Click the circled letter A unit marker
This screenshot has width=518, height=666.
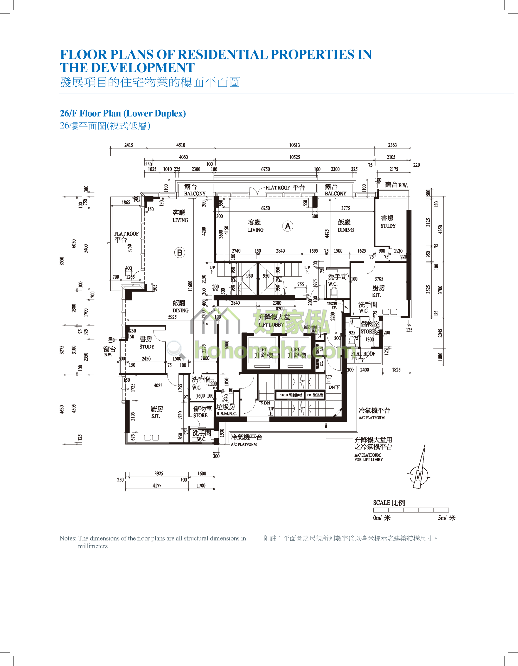[x=287, y=226]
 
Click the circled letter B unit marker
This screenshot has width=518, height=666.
[x=180, y=253]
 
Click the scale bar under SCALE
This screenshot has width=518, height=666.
[x=411, y=510]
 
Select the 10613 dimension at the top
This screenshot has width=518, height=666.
[x=294, y=145]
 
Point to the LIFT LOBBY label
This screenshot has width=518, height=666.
[x=271, y=324]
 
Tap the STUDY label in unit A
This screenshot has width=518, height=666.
[x=388, y=226]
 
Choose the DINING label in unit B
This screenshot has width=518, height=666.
[x=180, y=310]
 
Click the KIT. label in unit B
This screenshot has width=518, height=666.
[x=156, y=416]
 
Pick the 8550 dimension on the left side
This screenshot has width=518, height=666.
[x=62, y=261]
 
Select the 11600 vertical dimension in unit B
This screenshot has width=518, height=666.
[x=190, y=286]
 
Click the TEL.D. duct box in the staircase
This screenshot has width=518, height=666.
[x=291, y=395]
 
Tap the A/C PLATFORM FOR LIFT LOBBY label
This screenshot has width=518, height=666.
[x=368, y=457]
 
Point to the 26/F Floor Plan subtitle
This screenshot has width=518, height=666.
[x=123, y=113]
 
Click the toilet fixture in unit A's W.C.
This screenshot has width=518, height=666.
[x=333, y=293]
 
